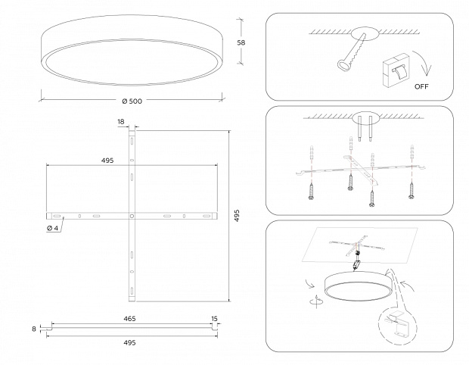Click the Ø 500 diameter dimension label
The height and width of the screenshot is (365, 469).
132,101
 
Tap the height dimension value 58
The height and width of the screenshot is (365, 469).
241,43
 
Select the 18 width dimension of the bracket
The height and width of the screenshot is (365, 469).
121,121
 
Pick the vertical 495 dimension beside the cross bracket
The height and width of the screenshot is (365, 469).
237,216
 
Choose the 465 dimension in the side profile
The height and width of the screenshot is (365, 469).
129,320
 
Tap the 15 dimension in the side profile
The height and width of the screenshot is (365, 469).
214,320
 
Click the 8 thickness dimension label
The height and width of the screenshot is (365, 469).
34,329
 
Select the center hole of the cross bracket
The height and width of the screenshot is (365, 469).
132,216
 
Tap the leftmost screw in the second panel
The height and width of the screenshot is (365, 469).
311,191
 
